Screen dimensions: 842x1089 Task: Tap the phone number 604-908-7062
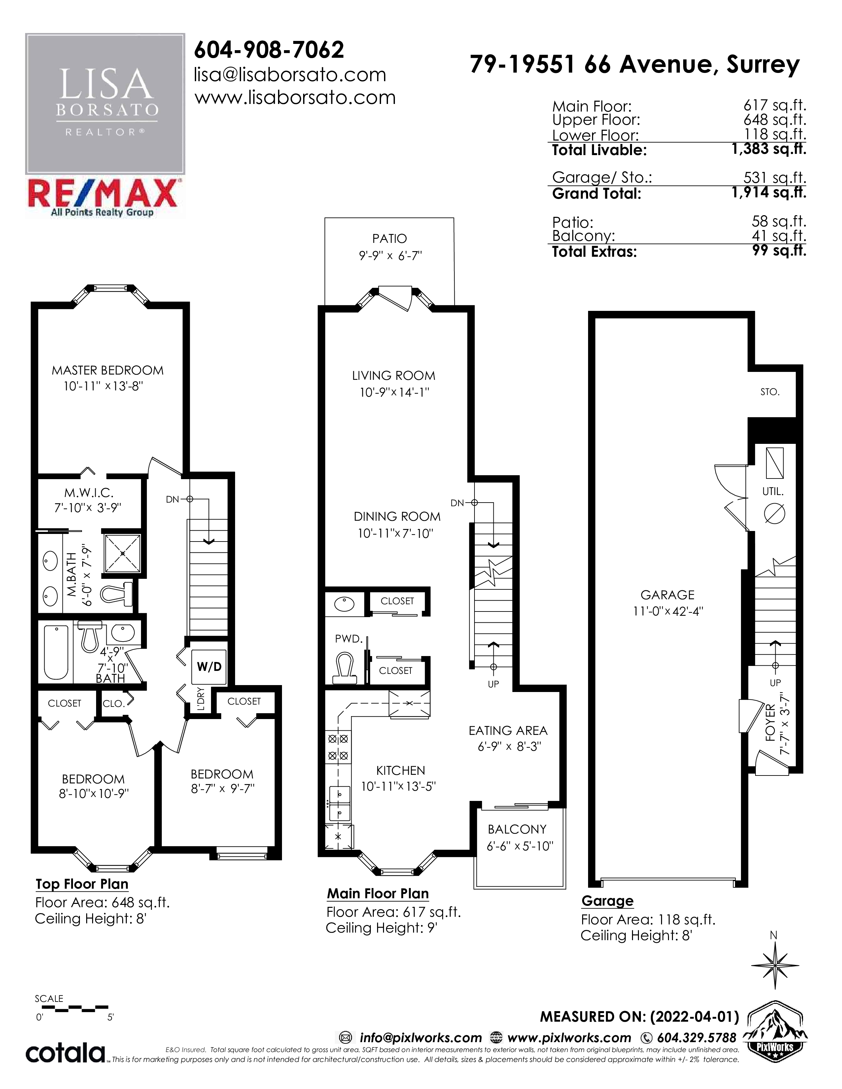tap(269, 49)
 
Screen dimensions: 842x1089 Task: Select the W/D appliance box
tap(209, 667)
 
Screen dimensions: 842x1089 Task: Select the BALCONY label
tap(517, 829)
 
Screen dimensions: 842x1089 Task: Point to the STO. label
tap(770, 392)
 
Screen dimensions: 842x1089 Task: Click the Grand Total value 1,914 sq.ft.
tap(769, 192)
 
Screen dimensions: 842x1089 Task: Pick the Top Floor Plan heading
tap(82, 884)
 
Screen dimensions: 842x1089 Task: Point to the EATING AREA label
tap(508, 731)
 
